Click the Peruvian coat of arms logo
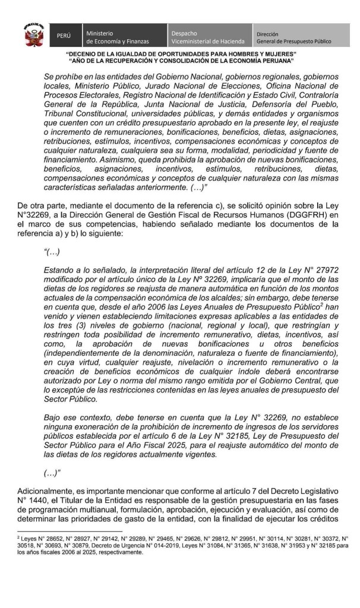click(x=34, y=36)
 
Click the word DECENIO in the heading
click(x=93, y=55)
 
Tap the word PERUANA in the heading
click(x=274, y=61)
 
